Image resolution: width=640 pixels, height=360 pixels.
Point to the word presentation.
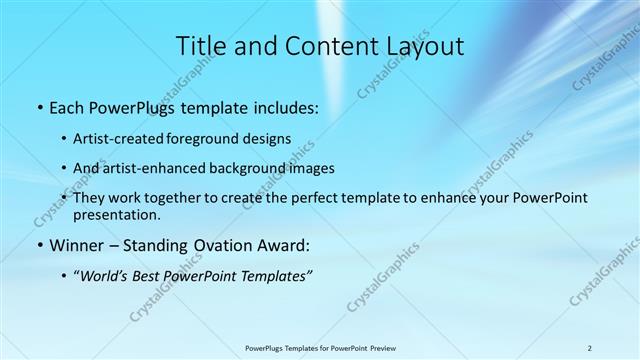point(116,214)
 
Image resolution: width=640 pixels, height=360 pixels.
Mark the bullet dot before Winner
point(39,245)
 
